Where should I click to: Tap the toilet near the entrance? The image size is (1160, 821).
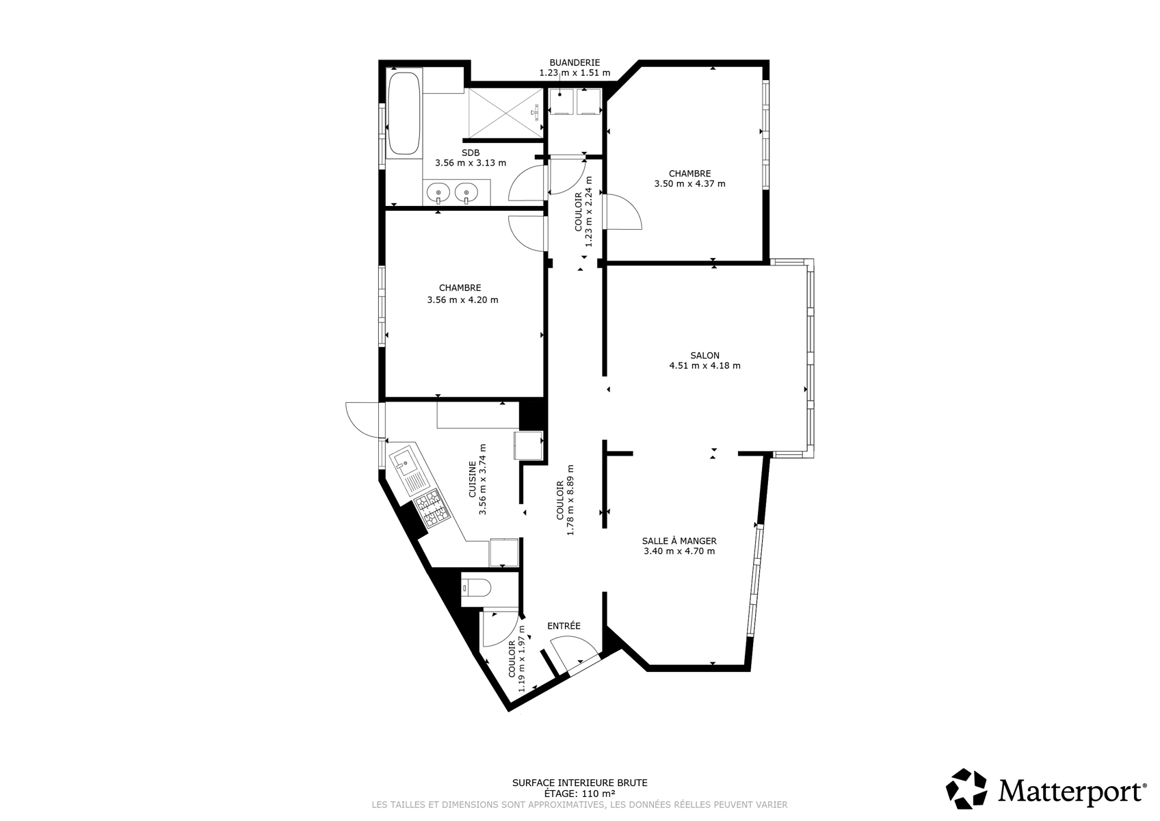pos(476,588)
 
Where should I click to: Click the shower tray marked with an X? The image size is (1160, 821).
pos(505,114)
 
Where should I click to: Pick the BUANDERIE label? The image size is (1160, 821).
pos(575,63)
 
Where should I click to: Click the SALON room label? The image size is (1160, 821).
pos(704,355)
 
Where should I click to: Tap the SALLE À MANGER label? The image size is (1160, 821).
pos(679,540)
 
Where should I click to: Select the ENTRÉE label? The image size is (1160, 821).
pos(564,626)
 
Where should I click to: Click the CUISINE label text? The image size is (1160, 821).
pos(473,479)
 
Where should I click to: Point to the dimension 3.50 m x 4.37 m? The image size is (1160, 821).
pos(690,183)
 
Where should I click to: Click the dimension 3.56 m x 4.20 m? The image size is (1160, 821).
pos(462,300)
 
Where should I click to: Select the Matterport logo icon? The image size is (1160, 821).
pos(966,788)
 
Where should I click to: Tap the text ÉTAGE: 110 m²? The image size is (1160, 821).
pos(579,794)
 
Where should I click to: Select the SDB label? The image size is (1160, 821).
pos(470,153)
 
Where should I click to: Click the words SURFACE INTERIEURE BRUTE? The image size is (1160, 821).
pos(579,783)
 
